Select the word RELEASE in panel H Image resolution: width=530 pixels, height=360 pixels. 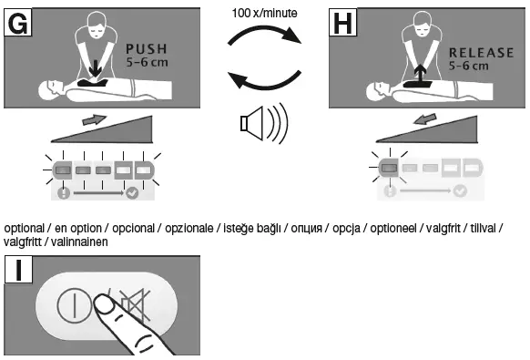483,53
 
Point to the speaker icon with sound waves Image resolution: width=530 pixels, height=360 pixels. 260,126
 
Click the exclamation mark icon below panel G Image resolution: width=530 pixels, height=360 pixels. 62,192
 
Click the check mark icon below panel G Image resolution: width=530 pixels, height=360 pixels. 134,192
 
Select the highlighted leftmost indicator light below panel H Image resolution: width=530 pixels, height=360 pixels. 388,169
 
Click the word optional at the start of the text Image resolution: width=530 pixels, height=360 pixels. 23,226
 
